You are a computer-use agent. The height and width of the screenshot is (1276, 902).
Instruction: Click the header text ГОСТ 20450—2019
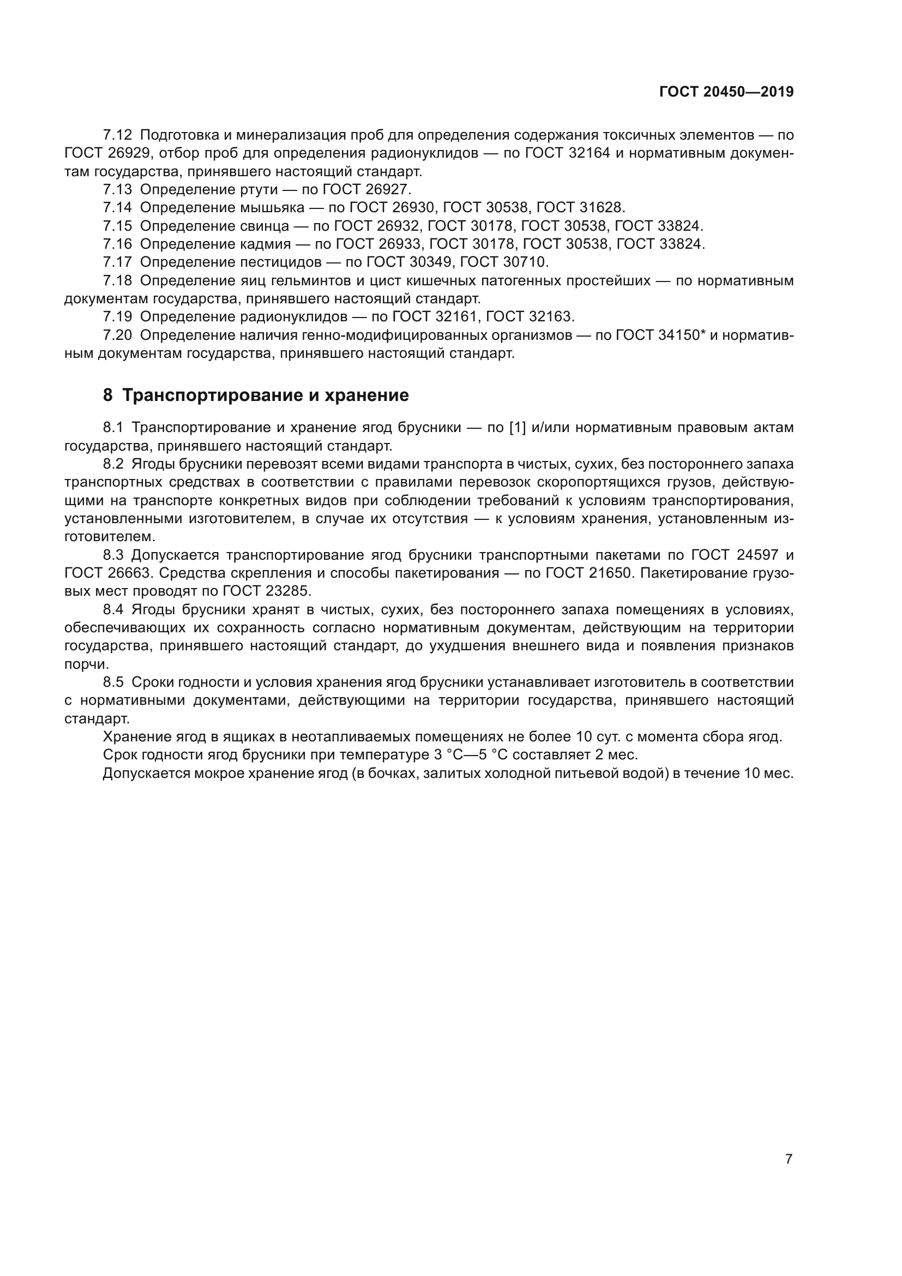tap(726, 92)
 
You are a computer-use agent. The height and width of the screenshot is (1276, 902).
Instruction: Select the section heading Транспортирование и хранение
tap(265, 395)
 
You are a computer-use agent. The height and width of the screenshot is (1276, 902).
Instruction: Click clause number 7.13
tap(117, 189)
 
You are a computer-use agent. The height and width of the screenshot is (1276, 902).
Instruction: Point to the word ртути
tap(259, 189)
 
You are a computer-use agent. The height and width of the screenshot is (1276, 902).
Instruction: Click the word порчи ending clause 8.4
tap(87, 664)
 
